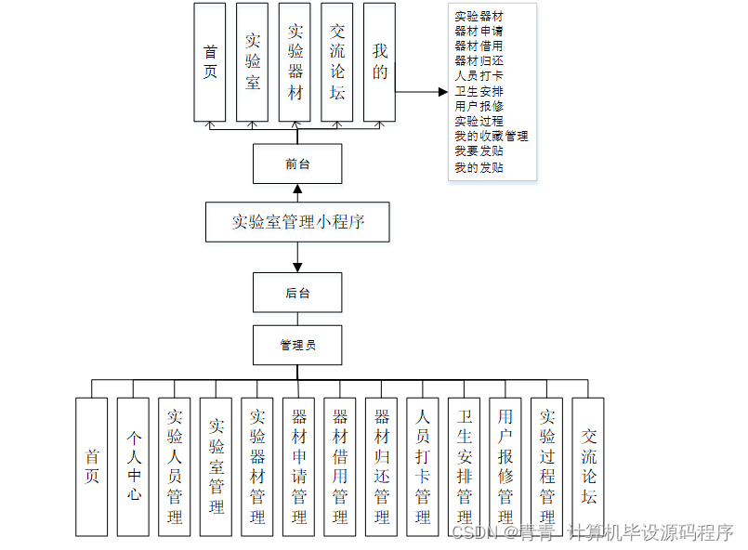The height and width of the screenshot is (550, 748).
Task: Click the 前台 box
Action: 297,164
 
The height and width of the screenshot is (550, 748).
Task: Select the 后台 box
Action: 297,293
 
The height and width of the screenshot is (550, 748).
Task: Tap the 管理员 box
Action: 297,345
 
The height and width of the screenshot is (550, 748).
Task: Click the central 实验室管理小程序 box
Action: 297,222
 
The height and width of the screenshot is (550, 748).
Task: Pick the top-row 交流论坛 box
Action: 337,61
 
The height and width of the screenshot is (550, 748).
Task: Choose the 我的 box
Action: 380,61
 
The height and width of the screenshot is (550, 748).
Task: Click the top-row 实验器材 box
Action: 295,61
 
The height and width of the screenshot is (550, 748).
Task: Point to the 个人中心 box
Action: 133,466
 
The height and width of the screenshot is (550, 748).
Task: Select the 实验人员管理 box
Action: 175,466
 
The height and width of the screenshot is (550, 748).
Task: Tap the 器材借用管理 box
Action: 340,466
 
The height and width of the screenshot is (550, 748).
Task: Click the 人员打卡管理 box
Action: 423,466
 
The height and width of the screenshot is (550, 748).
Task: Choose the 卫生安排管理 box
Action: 465,466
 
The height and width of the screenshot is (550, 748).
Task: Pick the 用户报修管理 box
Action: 505,466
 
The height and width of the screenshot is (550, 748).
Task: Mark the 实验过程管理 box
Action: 547,466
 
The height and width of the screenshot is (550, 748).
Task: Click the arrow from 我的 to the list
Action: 423,92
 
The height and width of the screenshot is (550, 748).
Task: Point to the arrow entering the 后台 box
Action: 297,260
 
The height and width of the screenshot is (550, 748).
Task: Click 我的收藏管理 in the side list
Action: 491,136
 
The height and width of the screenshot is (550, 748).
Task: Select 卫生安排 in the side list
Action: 479,91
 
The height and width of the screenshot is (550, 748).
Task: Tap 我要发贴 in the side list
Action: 479,151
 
